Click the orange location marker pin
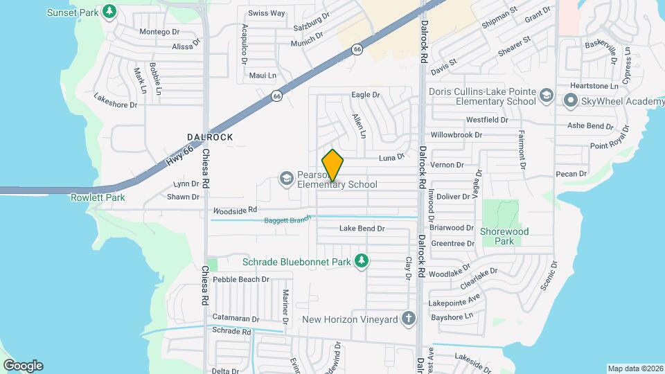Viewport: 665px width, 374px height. [333, 166]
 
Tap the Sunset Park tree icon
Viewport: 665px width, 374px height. [109, 11]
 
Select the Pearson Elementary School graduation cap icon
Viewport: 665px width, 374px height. [285, 179]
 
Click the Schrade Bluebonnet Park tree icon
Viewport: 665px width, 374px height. [360, 261]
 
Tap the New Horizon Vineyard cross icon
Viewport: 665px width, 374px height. [409, 319]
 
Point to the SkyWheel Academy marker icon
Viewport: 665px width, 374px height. [571, 102]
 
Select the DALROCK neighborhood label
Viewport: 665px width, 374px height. [210, 137]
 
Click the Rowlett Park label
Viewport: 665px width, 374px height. [98, 197]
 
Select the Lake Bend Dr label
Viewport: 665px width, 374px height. [362, 229]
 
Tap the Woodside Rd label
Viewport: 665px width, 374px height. [235, 209]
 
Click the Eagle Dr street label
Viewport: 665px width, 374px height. [366, 95]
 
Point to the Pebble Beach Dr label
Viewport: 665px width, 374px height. [240, 279]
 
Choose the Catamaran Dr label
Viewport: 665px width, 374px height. [236, 319]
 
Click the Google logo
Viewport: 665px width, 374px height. [23, 365]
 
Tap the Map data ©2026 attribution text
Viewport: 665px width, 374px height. [635, 368]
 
